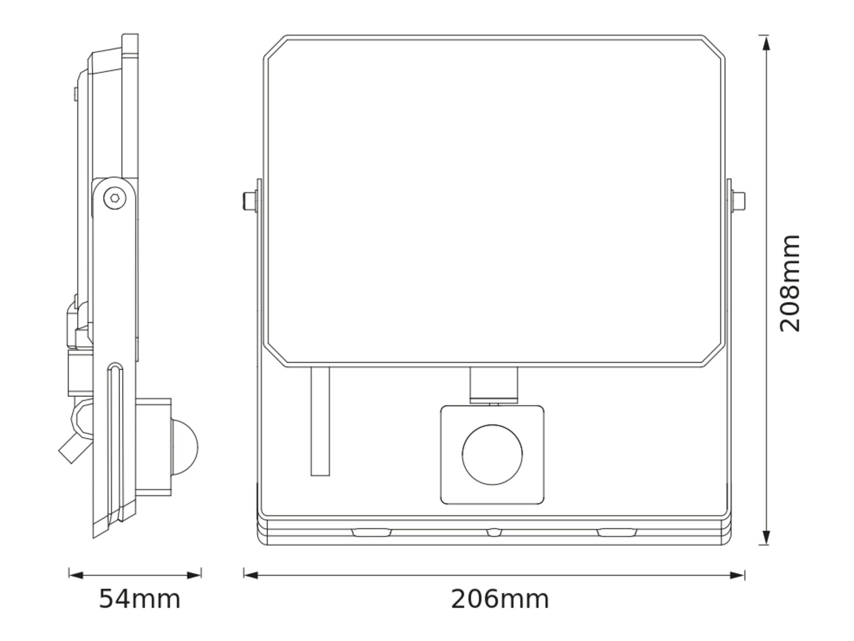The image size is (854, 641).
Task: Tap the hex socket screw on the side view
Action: (115, 198)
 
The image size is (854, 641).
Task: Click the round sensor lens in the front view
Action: (492, 455)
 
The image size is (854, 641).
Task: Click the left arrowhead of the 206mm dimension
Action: (251, 576)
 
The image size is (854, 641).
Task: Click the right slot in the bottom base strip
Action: (617, 532)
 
